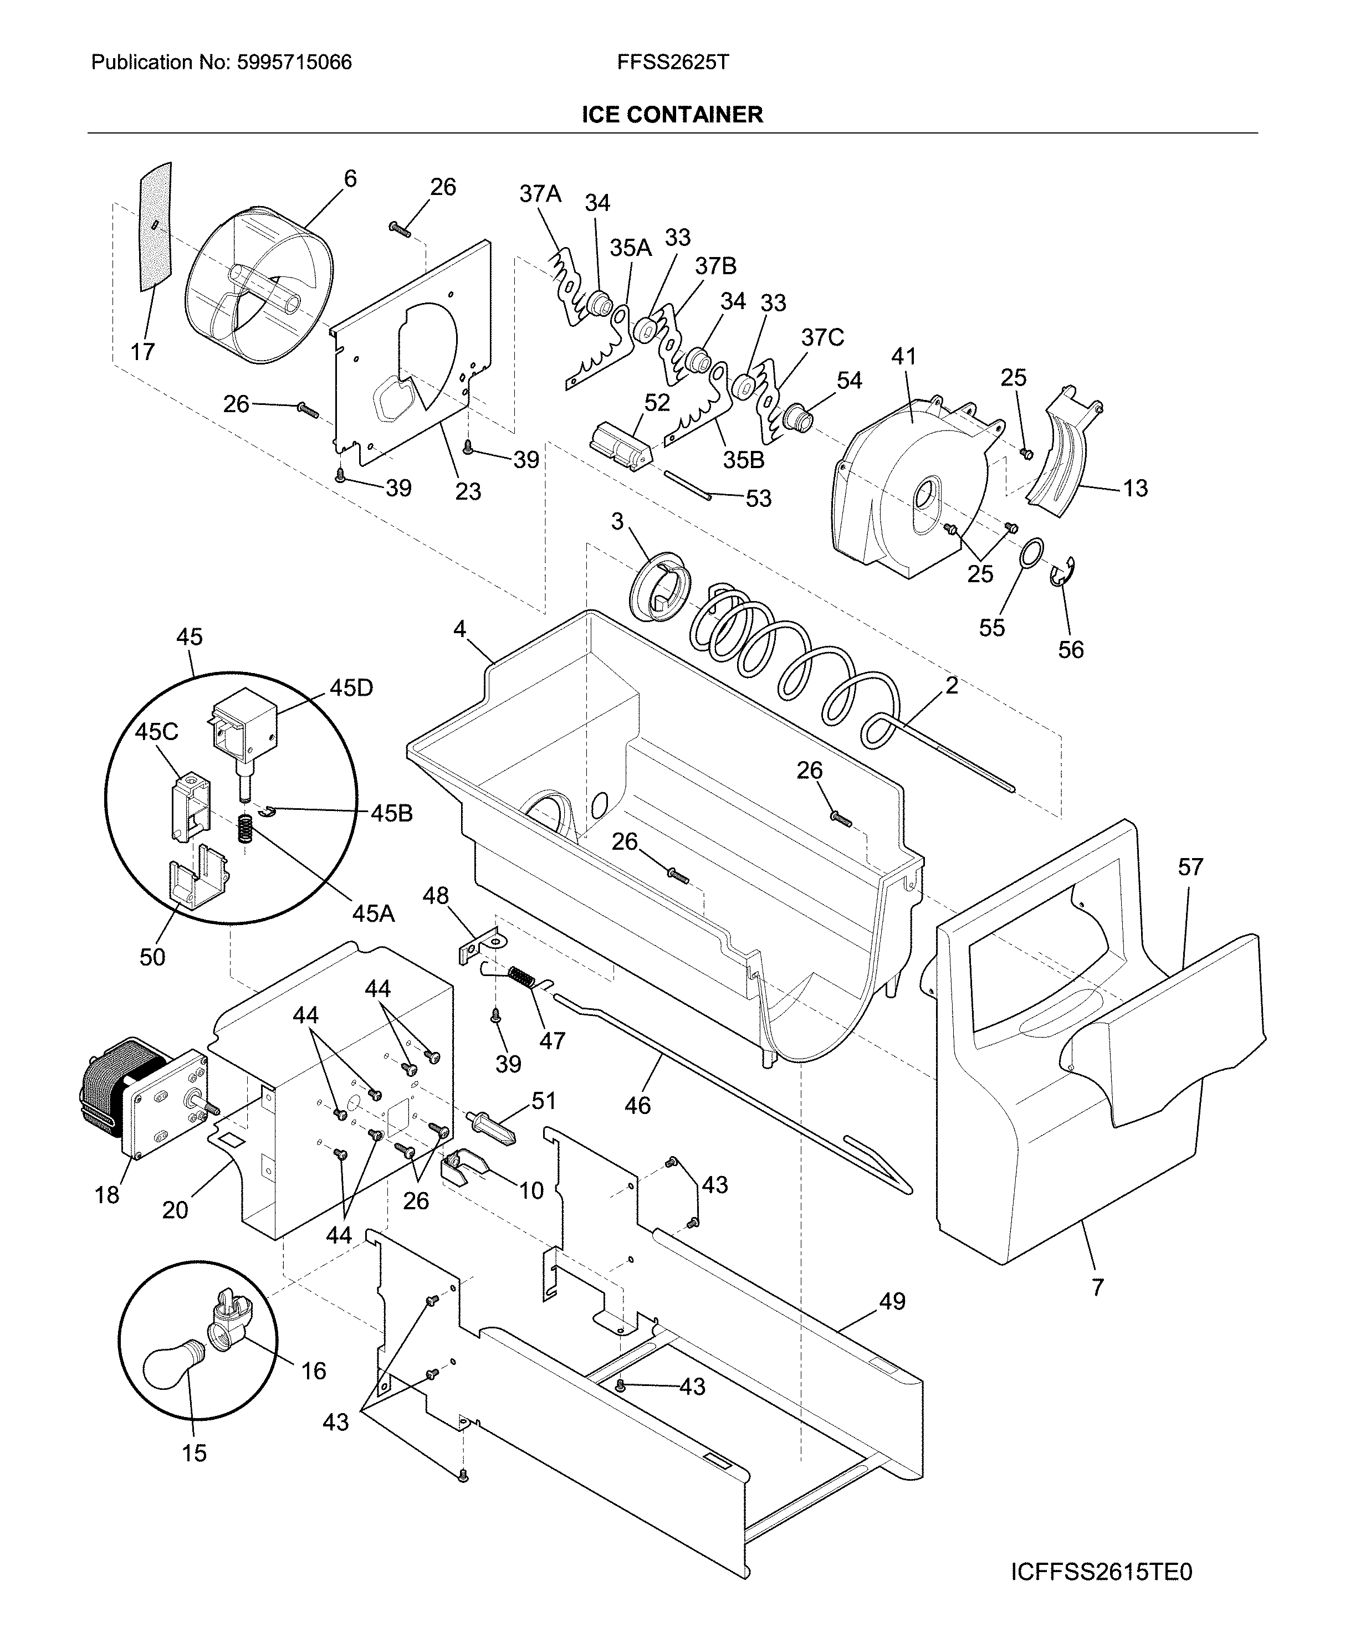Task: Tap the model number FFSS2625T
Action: point(673,62)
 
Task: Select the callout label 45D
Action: point(351,688)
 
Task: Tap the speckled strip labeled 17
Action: point(156,227)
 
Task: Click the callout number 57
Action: point(1190,867)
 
